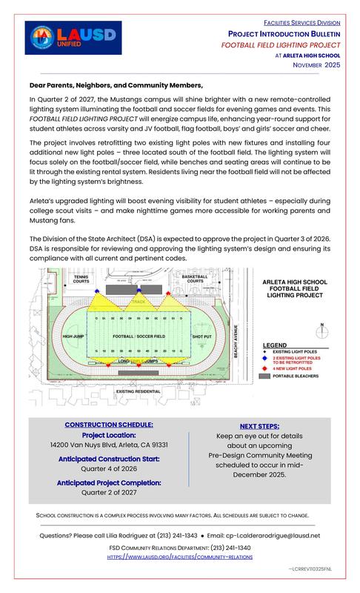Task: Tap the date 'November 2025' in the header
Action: click(x=314, y=65)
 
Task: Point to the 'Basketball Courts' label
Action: click(x=195, y=279)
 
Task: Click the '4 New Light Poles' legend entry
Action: click(x=296, y=368)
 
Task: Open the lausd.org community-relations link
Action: click(x=179, y=555)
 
